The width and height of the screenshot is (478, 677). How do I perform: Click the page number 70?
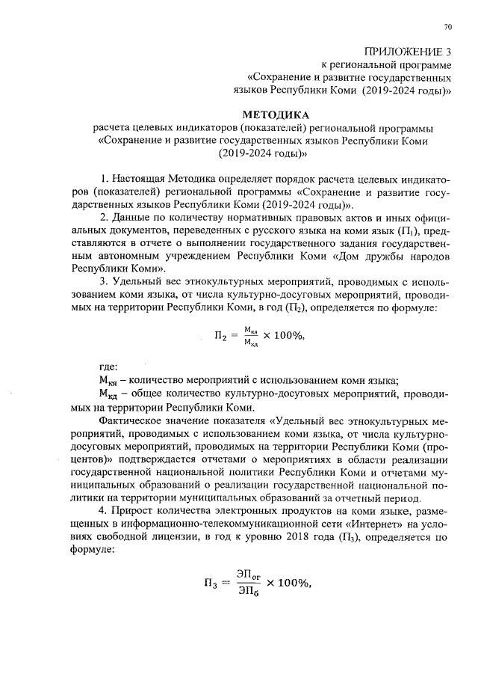point(447,28)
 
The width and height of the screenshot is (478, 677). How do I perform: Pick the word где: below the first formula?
point(108,368)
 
